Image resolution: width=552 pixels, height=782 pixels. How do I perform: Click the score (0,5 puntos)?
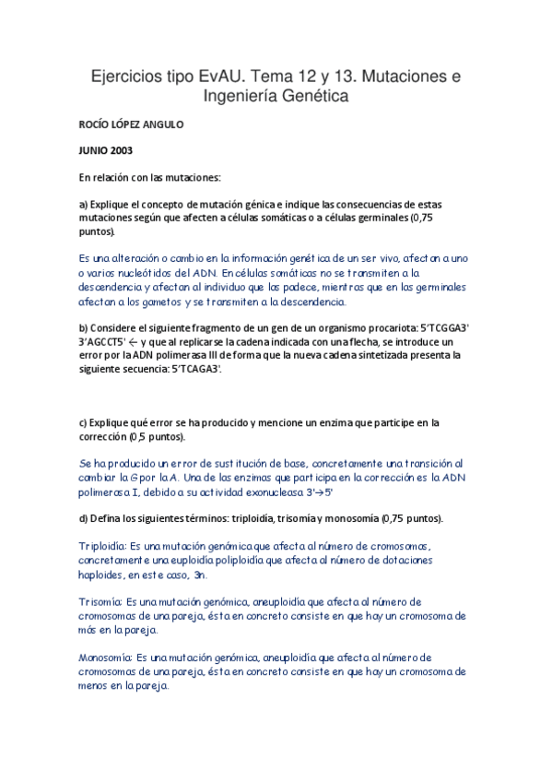(x=157, y=435)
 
